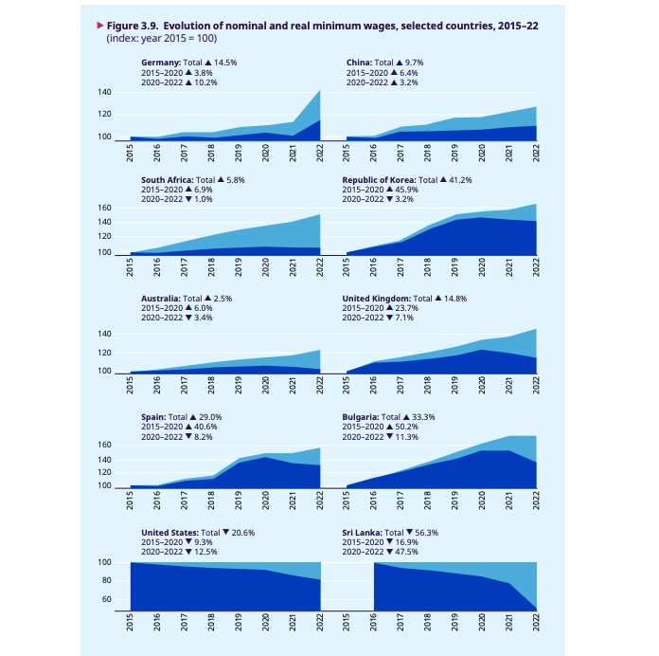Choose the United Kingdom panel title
click(376, 298)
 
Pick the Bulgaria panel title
click(361, 416)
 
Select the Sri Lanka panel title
click(360, 533)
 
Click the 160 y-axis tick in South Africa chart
click(104, 208)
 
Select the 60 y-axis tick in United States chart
click(107, 600)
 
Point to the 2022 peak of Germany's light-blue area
click(320, 91)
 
